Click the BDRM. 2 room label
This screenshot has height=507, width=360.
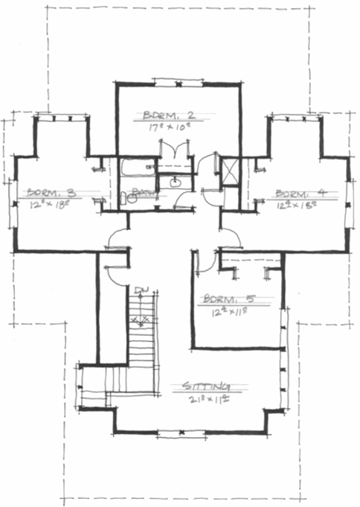[169, 115]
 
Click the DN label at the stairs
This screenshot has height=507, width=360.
[140, 290]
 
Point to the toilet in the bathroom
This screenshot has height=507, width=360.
[124, 198]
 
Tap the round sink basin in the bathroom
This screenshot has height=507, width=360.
[176, 182]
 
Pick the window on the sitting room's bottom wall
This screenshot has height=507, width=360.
[177, 432]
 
